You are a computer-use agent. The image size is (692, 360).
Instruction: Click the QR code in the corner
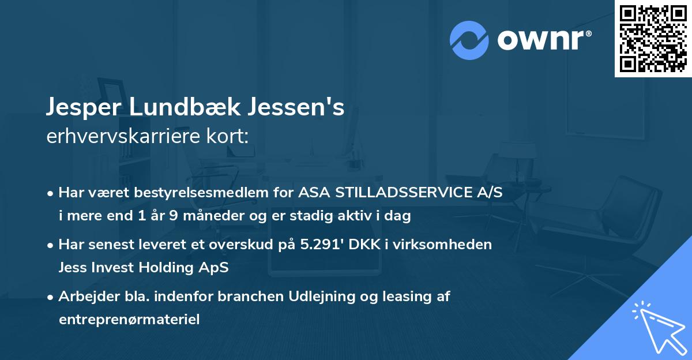pyautogui.click(x=653, y=38)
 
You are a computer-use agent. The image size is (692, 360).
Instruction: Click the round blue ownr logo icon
pyautogui.click(x=469, y=40)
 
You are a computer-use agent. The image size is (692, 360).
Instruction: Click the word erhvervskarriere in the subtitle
pyautogui.click(x=118, y=137)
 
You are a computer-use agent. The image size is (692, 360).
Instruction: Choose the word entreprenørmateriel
pyautogui.click(x=129, y=319)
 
